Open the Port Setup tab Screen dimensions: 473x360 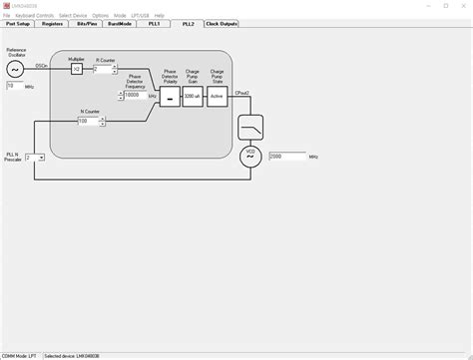(x=18, y=23)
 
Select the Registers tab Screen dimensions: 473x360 (x=53, y=23)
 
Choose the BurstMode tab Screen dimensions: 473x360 (x=121, y=23)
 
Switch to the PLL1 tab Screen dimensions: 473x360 (x=154, y=23)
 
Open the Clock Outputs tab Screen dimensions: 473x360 (x=221, y=23)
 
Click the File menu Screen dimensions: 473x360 (x=6, y=16)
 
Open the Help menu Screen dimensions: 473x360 (x=159, y=16)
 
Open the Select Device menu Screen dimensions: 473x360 (x=72, y=16)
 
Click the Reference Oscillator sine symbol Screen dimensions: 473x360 (x=15, y=69)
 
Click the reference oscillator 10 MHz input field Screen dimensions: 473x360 (x=15, y=87)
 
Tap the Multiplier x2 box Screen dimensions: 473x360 (x=76, y=70)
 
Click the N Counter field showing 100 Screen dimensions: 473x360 (x=89, y=122)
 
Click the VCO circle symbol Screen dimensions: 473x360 (x=249, y=156)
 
